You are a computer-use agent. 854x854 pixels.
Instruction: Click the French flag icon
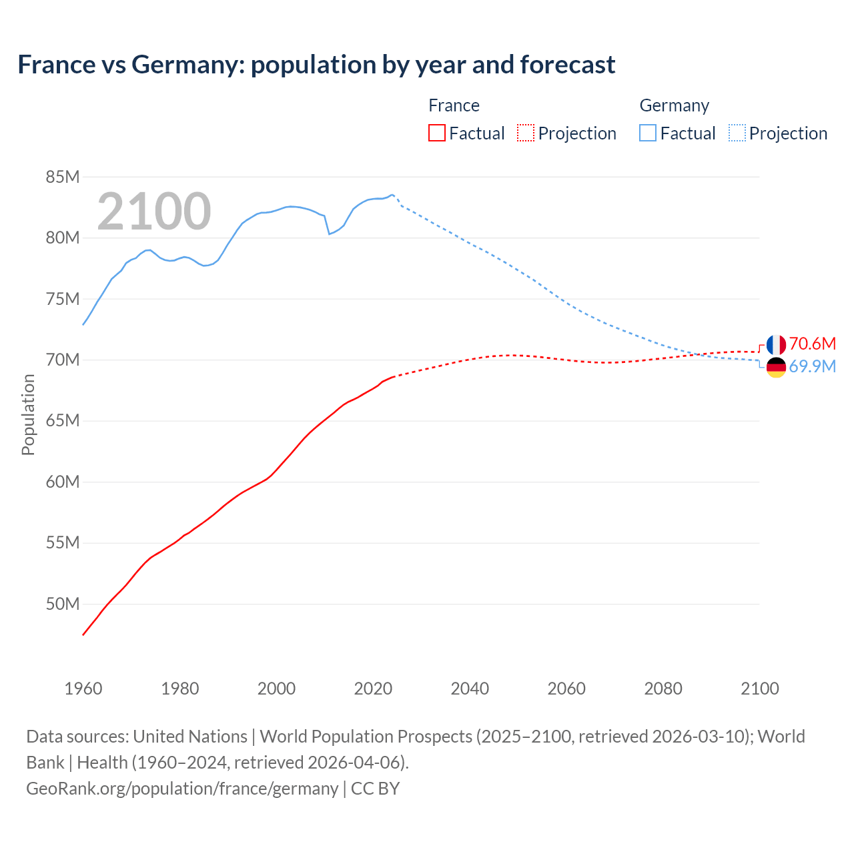776,345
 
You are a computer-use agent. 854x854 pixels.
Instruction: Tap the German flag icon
776,368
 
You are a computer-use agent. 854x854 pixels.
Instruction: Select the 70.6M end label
812,344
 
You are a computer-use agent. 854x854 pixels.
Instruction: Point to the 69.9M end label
812,366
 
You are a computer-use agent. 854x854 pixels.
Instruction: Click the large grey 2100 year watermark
154,211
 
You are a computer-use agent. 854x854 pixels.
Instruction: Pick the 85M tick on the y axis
63,177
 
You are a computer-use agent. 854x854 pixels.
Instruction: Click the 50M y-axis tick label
63,604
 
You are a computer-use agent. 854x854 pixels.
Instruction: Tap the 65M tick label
63,421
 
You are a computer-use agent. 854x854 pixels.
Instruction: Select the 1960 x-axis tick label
83,689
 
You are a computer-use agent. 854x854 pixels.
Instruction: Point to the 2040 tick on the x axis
470,689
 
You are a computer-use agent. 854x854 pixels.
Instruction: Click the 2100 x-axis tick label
759,689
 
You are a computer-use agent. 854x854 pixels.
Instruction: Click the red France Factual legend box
437,133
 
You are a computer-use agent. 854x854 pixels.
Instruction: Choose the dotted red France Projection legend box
526,133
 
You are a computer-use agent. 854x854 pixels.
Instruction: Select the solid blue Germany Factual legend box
648,133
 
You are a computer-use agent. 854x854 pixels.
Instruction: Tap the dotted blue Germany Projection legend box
737,133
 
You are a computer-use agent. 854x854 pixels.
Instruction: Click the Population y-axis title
28,414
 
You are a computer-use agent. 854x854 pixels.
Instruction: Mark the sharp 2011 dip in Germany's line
329,234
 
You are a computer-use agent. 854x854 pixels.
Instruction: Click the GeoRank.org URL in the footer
182,789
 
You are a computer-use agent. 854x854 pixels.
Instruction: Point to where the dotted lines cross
697,354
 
